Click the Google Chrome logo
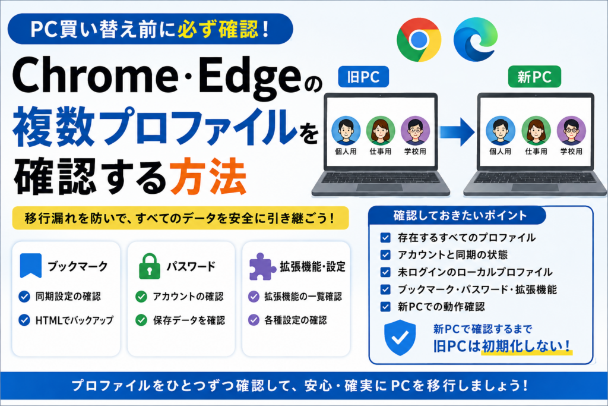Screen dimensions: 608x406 [419, 40]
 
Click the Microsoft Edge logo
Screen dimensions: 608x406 [476, 40]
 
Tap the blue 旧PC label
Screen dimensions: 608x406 [363, 77]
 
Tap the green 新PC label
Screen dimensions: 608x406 [534, 77]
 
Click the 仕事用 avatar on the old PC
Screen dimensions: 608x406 [381, 131]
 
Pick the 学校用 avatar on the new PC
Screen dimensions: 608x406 [571, 131]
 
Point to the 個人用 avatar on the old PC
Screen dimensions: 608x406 [346, 131]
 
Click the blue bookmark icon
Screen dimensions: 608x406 [31, 266]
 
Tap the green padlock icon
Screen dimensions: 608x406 [149, 266]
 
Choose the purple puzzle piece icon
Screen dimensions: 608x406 [262, 267]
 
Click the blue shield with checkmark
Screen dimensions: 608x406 [400, 338]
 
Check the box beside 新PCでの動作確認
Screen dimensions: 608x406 [385, 307]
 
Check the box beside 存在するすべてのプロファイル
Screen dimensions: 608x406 [385, 238]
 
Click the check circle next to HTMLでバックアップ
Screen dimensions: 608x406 [24, 320]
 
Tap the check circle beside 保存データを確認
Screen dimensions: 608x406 [141, 320]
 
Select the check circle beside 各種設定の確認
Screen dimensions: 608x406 [254, 320]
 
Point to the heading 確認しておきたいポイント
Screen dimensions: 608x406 [460, 215]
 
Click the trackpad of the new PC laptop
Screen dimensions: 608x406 [535, 188]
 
